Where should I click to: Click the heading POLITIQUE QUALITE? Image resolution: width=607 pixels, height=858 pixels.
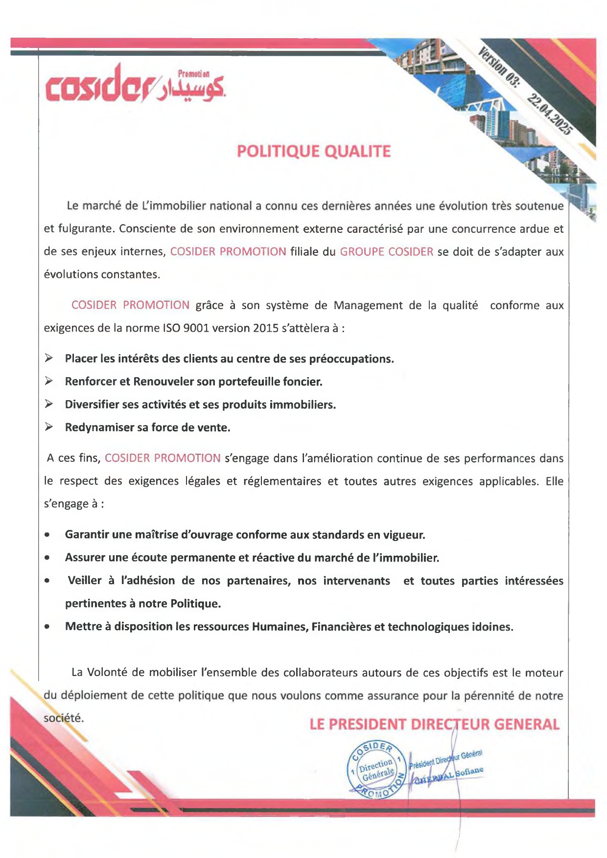click(x=314, y=151)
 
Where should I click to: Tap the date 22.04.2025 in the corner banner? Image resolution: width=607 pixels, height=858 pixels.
click(x=549, y=114)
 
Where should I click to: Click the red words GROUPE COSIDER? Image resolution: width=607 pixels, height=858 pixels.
click(x=386, y=252)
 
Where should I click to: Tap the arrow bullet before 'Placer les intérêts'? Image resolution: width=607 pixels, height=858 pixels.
click(x=49, y=359)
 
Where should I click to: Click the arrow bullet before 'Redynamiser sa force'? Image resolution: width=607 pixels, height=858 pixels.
click(x=49, y=427)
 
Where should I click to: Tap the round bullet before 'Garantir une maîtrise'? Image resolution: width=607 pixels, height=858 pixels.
click(x=47, y=535)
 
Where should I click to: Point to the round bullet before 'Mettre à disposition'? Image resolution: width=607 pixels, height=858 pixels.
click(x=47, y=627)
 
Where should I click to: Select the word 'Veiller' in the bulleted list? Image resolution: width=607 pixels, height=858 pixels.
click(x=84, y=581)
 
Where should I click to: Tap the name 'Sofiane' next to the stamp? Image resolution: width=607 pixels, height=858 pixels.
click(x=469, y=771)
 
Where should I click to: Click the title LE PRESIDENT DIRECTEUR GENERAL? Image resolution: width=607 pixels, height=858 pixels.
click(x=434, y=724)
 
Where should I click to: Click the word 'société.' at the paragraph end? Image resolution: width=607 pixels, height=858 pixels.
click(x=64, y=718)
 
